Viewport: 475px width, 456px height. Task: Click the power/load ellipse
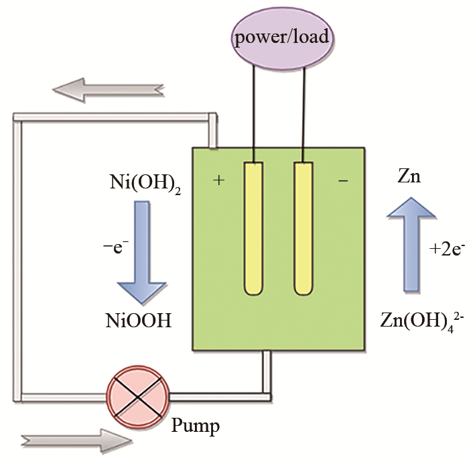(281, 36)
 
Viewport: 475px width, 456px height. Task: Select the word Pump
(196, 425)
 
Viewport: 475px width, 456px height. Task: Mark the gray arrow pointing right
(74, 440)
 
